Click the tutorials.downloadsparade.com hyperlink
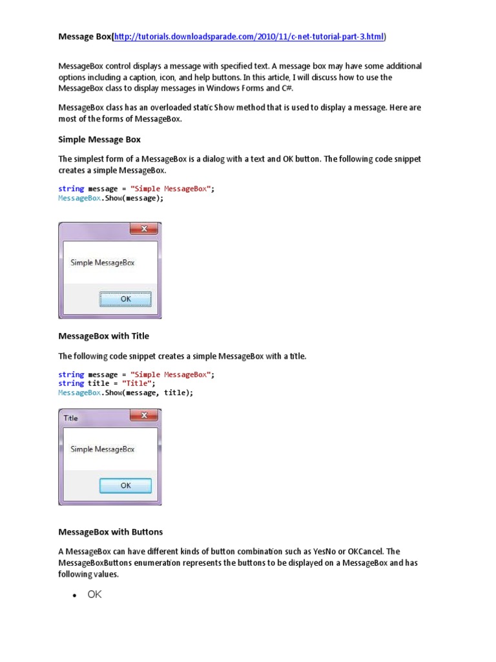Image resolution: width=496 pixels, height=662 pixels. point(249,37)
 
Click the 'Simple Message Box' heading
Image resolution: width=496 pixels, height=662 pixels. point(99,139)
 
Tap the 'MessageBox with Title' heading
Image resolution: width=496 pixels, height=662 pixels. point(103,336)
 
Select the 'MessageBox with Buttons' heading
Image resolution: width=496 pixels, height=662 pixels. point(110,532)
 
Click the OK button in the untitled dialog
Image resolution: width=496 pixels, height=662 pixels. point(125,299)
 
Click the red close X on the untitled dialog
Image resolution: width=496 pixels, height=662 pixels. point(144,229)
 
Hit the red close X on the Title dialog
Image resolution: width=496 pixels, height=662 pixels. point(144,416)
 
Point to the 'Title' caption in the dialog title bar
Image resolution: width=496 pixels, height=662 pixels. point(70,418)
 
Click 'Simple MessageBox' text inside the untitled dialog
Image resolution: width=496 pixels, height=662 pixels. point(103,262)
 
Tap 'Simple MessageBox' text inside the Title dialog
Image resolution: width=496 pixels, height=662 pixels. point(103,449)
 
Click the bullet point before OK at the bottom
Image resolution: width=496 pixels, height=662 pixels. point(75,595)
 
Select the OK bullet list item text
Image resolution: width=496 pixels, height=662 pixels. point(95,595)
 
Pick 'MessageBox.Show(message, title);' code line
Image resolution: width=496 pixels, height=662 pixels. point(125,392)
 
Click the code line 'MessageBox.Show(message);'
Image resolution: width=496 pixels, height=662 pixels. point(111,198)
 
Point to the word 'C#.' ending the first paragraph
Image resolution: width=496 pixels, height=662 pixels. point(287,88)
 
